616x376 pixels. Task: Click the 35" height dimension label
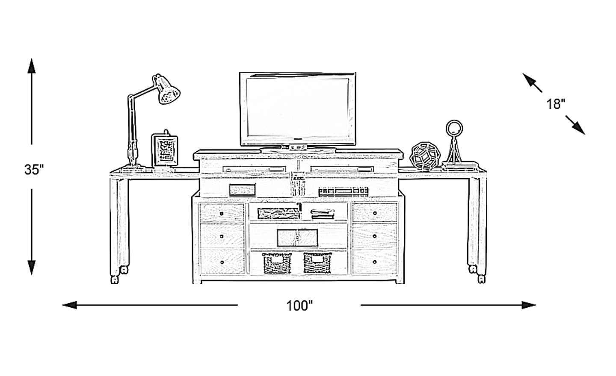[34, 170]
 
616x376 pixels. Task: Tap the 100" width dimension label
[299, 305]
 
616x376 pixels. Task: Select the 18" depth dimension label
[556, 104]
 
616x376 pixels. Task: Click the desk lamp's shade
[167, 90]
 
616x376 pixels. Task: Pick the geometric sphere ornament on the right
[425, 156]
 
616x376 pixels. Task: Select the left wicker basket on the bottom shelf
[277, 263]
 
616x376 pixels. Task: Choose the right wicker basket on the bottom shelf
[317, 263]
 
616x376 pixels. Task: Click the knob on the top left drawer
[222, 213]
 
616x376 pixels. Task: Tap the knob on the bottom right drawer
[374, 262]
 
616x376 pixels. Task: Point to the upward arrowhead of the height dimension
[31, 66]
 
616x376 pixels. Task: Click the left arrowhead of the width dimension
[69, 305]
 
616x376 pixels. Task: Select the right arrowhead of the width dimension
[529, 305]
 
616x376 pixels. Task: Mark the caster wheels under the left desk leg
[119, 275]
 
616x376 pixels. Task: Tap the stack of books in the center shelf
[322, 214]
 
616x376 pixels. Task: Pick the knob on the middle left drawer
[222, 236]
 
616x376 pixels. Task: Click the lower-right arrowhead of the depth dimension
[578, 129]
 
